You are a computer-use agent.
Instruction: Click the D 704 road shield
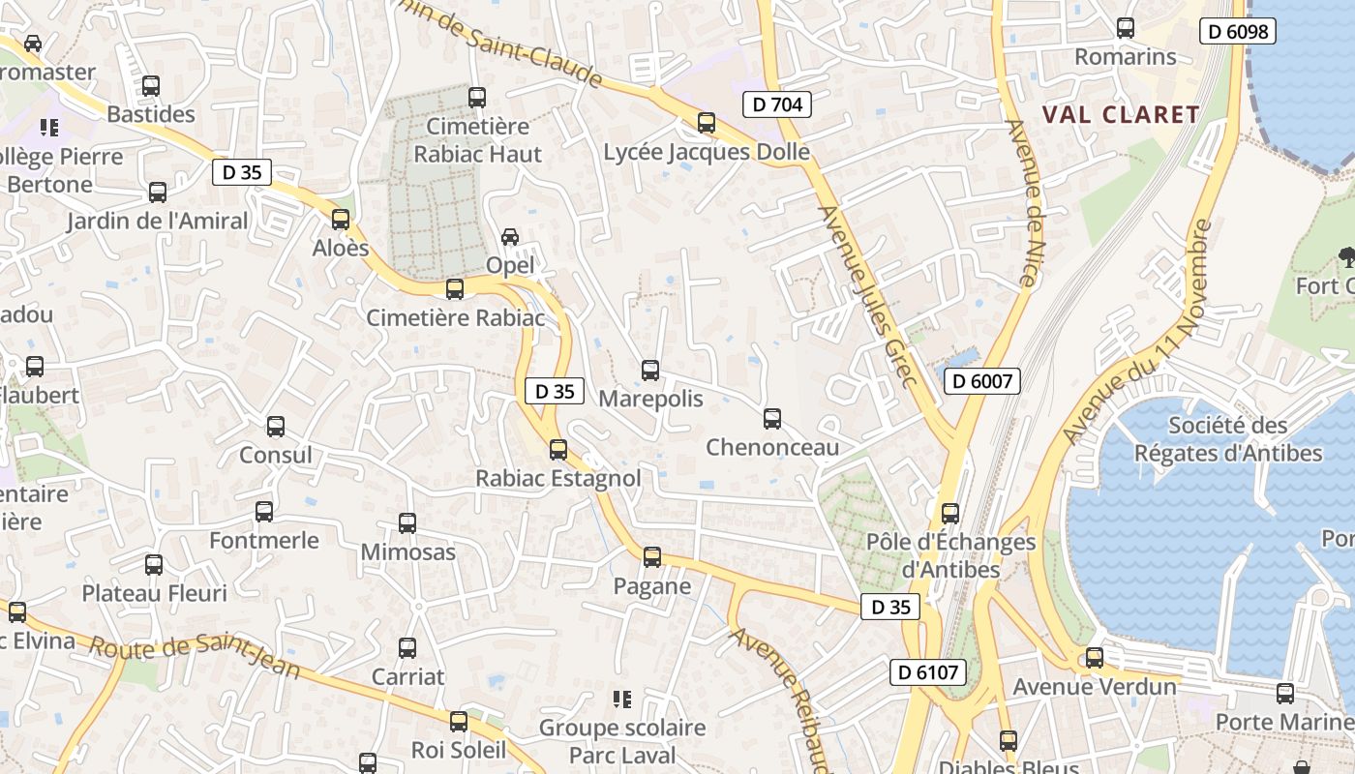click(777, 104)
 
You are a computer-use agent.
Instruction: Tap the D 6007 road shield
click(982, 381)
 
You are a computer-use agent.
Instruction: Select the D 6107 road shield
click(928, 671)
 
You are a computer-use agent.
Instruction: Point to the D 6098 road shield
click(1238, 31)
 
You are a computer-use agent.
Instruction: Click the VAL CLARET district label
click(1121, 114)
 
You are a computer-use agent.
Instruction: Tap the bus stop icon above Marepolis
click(650, 371)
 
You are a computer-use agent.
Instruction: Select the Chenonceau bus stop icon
click(771, 419)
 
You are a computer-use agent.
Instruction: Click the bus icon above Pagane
click(652, 557)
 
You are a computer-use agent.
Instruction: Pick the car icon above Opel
click(510, 237)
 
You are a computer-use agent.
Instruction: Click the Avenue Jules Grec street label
click(867, 297)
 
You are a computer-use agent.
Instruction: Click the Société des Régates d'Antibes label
click(1227, 439)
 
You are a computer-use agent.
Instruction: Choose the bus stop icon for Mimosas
click(407, 523)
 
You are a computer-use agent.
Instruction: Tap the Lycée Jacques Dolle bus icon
click(707, 123)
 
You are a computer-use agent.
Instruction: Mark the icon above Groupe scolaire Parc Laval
click(622, 699)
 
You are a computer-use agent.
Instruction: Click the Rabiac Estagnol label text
click(557, 478)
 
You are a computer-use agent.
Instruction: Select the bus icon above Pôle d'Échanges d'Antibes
click(950, 514)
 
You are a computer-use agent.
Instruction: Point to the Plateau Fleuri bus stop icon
click(154, 565)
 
